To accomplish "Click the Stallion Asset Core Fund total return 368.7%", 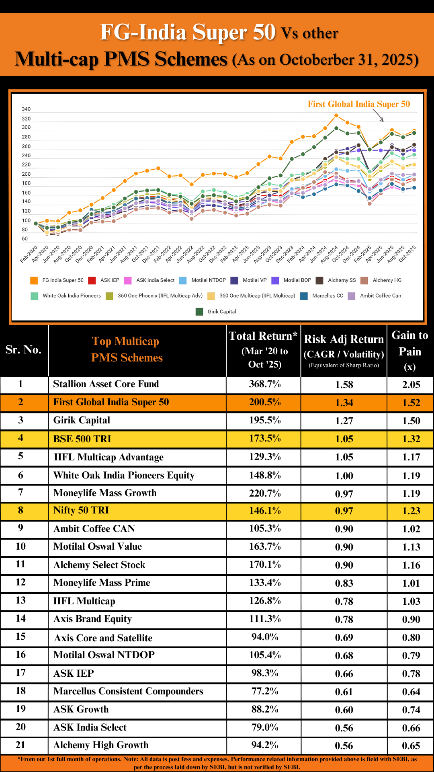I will (264, 384).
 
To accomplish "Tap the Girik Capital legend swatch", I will (199, 312).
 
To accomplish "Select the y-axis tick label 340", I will (26, 109).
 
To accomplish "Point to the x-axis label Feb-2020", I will (29, 254).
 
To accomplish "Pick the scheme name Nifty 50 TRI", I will (81, 510).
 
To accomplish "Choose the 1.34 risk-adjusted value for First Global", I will (344, 402).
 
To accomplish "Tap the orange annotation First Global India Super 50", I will (358, 104).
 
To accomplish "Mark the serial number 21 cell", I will (20, 745).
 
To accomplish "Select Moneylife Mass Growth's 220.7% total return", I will (264, 493).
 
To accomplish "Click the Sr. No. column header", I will (24, 350).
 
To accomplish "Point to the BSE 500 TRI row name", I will (82, 439).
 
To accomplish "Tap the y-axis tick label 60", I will (25, 239).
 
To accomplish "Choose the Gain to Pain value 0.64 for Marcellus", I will (411, 692).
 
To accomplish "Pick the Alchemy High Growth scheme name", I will (101, 745).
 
